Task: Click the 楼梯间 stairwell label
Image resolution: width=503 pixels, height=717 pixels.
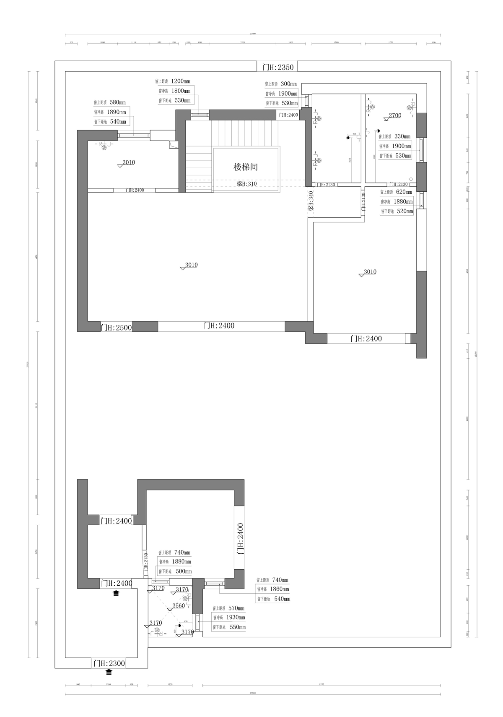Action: [246, 167]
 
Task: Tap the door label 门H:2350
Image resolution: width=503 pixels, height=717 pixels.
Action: [278, 67]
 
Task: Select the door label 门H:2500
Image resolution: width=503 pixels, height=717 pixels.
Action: [116, 327]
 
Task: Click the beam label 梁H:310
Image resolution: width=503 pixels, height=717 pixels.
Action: [246, 184]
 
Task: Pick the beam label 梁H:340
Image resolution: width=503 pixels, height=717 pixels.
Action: [311, 201]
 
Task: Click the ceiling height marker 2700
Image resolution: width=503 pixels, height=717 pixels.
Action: [395, 115]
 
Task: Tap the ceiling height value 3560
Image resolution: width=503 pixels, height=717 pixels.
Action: [179, 605]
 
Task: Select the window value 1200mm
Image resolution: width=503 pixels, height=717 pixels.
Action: [181, 81]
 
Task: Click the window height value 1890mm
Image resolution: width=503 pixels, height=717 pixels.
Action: [117, 112]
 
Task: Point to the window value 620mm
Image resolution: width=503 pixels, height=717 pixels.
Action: [403, 192]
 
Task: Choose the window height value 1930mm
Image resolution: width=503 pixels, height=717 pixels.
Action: [236, 618]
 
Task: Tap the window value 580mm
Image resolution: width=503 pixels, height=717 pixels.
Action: [117, 102]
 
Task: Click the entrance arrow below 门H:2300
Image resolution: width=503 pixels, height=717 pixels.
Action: [109, 672]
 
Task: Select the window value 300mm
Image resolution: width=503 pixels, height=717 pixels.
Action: [288, 84]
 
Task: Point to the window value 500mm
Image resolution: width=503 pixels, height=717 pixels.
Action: [183, 571]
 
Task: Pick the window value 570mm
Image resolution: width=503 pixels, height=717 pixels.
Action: [236, 608]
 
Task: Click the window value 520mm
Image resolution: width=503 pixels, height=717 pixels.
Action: [404, 211]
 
